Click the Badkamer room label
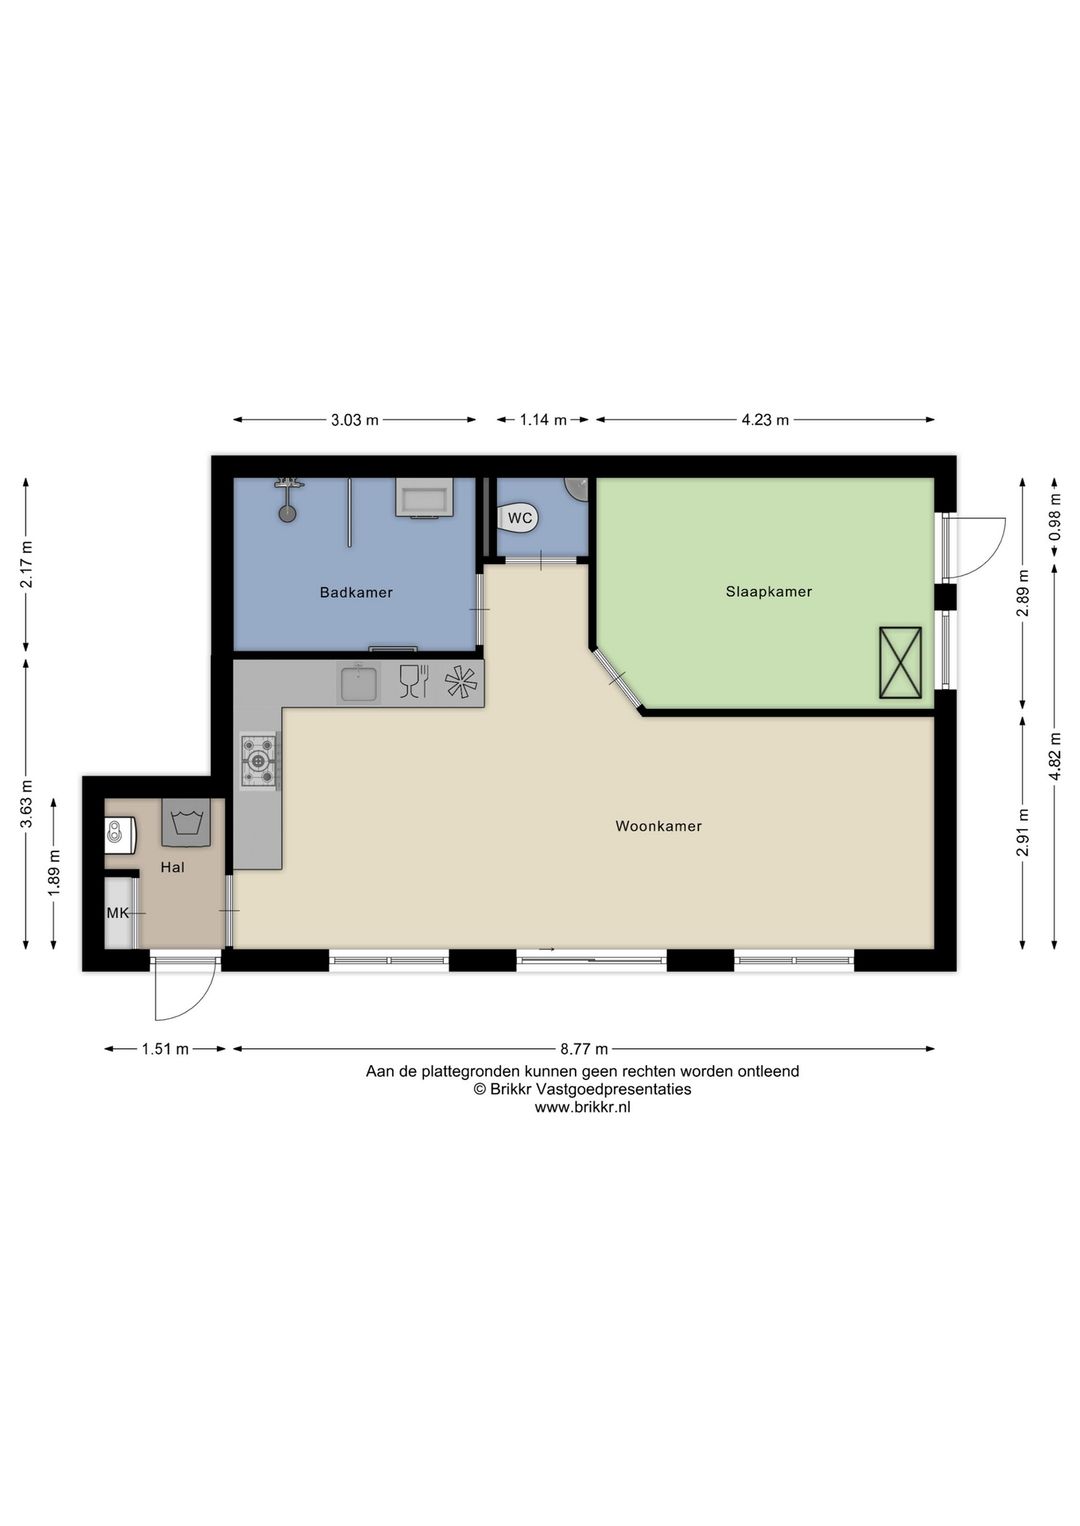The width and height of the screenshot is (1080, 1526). click(356, 592)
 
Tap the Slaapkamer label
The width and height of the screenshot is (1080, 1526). click(768, 591)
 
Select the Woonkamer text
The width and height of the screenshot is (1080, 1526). click(658, 826)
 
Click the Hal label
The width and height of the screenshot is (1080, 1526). click(172, 867)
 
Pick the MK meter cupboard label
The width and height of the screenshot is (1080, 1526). click(118, 912)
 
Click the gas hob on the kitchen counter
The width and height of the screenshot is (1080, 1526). click(259, 761)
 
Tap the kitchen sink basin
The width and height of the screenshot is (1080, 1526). click(359, 684)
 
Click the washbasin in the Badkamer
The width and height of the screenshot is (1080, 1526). click(425, 497)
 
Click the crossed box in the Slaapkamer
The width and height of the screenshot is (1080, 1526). click(900, 662)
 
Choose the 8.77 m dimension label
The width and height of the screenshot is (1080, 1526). click(584, 1049)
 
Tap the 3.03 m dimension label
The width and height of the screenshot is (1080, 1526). click(355, 420)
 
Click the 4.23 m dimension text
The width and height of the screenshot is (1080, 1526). click(765, 420)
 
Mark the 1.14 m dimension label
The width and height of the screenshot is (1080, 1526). click(543, 420)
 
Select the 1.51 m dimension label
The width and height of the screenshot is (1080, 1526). click(165, 1049)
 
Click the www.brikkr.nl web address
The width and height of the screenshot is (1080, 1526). click(582, 1107)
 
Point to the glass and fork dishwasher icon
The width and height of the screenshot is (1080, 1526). click(413, 682)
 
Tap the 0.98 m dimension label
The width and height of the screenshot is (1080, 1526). click(1054, 519)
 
